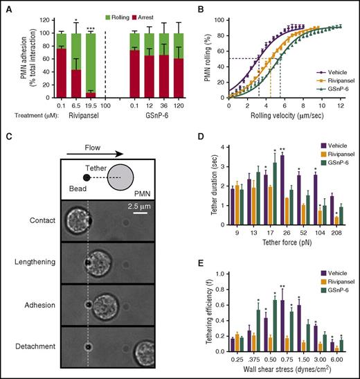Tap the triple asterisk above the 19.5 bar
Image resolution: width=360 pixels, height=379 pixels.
point(90,28)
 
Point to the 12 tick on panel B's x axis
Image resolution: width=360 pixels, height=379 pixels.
point(339,106)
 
